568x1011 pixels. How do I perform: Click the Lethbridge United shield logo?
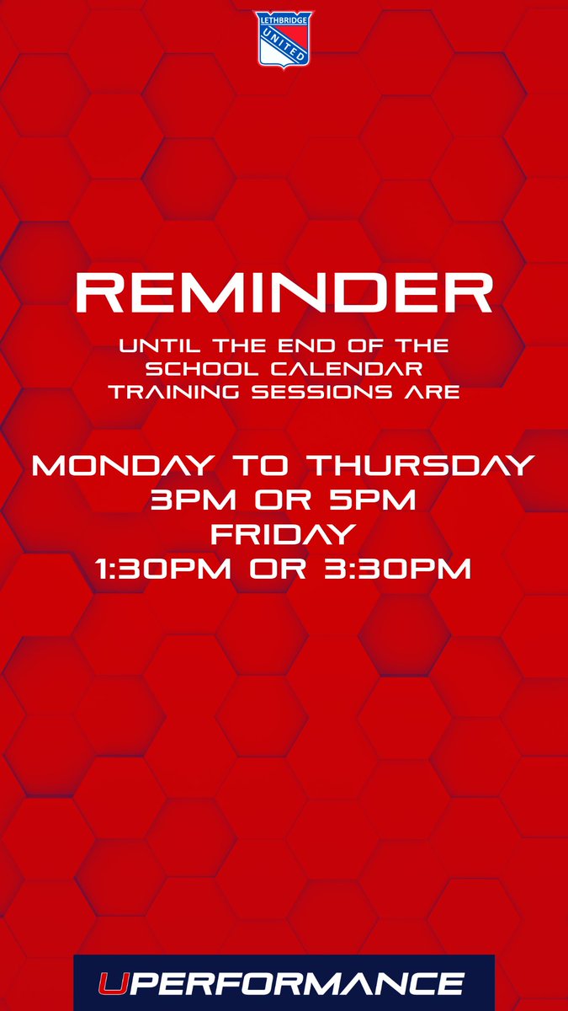284,40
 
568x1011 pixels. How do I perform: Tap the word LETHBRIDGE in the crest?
284,18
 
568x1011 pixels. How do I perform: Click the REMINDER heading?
284,292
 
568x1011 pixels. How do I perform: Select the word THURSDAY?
417,466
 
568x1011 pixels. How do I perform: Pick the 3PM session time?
186,500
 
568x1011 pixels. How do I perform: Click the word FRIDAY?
283,535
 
